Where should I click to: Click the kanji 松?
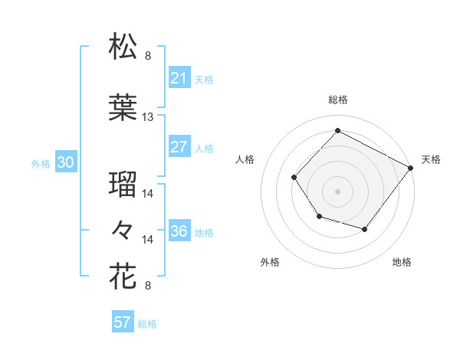coord(123,47)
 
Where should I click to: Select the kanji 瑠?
coord(123,185)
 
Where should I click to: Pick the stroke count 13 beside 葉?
coord(148,117)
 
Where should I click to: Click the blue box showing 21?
coord(179,78)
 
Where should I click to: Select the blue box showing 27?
coord(179,148)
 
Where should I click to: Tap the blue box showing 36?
coord(179,232)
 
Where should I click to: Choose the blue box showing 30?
coord(65,162)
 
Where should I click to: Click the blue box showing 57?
coord(123,322)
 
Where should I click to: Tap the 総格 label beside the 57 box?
coord(147,324)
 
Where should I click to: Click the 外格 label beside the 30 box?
coord(41,163)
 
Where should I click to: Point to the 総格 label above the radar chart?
coord(337,100)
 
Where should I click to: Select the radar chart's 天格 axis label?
coord(431,159)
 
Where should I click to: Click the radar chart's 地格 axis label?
coord(402,263)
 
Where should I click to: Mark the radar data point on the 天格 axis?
coord(410,167)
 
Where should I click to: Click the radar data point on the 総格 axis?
coord(337,131)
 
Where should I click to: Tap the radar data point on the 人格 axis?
coord(294,177)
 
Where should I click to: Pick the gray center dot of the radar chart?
coord(337,191)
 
